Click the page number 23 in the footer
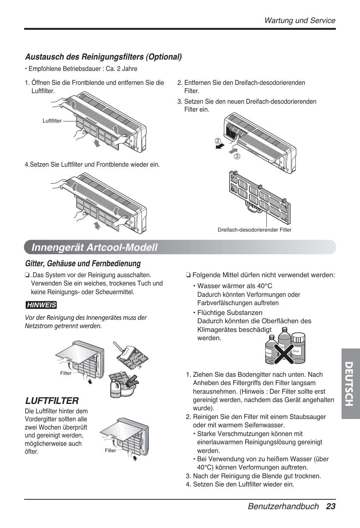click(331, 506)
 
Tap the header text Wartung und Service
click(300, 20)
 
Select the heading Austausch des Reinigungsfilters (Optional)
click(103, 57)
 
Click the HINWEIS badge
click(41, 305)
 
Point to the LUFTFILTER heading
click(52, 400)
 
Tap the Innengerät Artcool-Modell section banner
click(95, 247)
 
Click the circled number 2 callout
click(218, 141)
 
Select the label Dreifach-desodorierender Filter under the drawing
click(254, 230)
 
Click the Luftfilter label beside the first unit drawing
click(52, 121)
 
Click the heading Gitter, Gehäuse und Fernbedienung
click(83, 263)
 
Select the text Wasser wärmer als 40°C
click(234, 286)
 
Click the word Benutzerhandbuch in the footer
click(283, 506)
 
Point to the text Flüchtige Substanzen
click(230, 312)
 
